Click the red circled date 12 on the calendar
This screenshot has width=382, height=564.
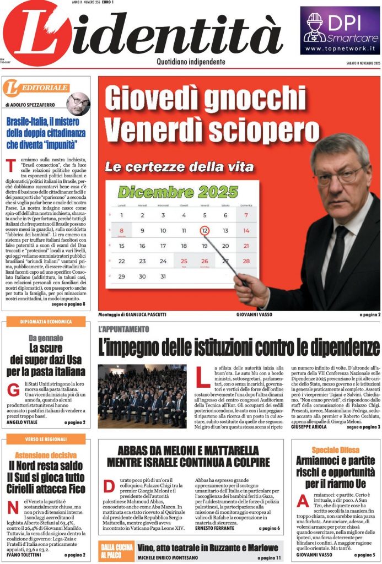(x=205, y=230)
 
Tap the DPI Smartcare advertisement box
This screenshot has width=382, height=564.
(x=340, y=31)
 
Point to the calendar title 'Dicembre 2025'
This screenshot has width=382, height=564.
(x=170, y=192)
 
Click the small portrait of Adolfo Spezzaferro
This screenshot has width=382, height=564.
(x=78, y=102)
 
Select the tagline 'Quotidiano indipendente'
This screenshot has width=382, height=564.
(x=191, y=62)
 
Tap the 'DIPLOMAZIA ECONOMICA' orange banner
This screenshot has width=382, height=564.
(x=45, y=322)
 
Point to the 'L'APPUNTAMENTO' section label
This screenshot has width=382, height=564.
(x=123, y=329)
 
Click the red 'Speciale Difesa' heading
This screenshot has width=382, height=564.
(x=335, y=450)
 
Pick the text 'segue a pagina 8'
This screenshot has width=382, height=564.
(x=68, y=303)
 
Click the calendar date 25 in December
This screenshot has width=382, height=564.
(x=184, y=261)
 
